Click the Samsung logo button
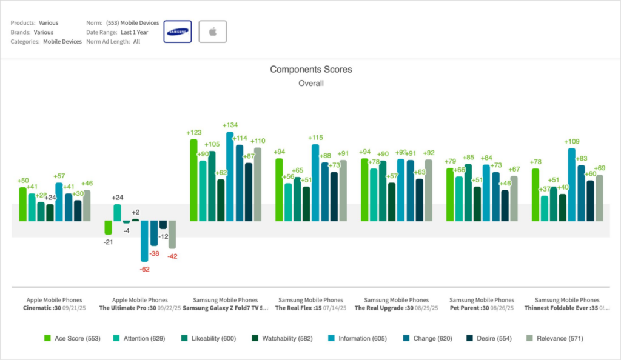point(178,32)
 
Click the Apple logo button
point(212,32)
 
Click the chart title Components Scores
point(310,70)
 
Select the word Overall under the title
point(310,84)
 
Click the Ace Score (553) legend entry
point(72,338)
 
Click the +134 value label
point(230,125)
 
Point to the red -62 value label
point(144,268)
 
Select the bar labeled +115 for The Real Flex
point(315,182)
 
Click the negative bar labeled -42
point(172,235)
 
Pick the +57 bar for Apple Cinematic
point(59,202)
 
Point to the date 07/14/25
point(334,308)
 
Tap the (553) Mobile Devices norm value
point(132,23)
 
